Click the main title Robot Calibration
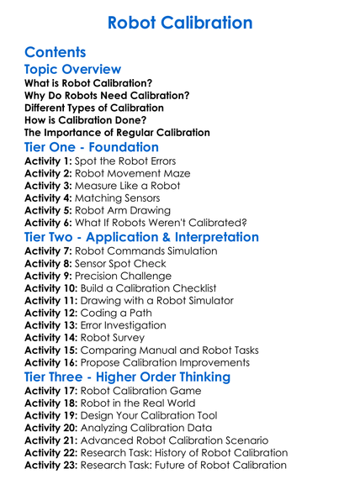(180, 21)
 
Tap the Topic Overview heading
(73, 69)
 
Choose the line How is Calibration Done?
(87, 120)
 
